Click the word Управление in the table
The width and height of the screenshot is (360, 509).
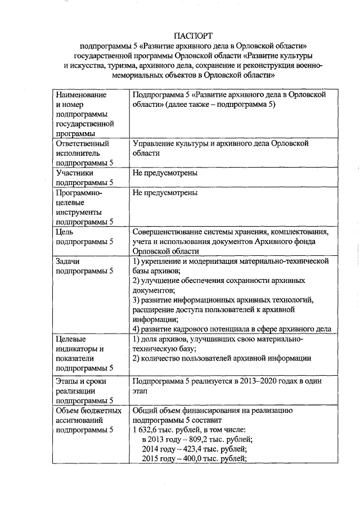pyautogui.click(x=154, y=143)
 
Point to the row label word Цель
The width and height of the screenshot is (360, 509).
pyautogui.click(x=65, y=231)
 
